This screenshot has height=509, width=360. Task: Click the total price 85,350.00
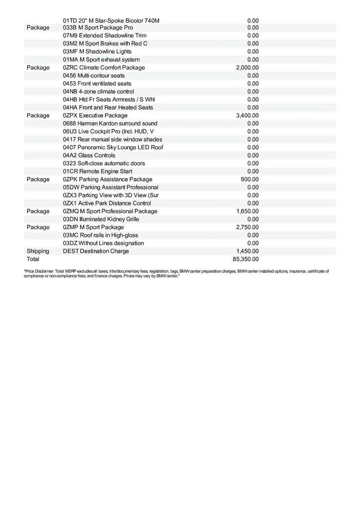pyautogui.click(x=246, y=259)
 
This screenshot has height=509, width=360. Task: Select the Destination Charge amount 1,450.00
pyautogui.click(x=247, y=251)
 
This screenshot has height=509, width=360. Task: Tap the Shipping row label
pyautogui.click(x=38, y=251)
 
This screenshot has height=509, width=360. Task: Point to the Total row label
pyautogui.click(x=33, y=259)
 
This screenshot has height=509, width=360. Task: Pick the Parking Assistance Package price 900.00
pyautogui.click(x=250, y=179)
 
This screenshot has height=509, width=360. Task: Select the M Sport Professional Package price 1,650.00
pyautogui.click(x=247, y=211)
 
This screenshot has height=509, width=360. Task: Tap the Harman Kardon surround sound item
pyautogui.click(x=110, y=123)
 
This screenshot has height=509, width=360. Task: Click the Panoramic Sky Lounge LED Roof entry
pyautogui.click(x=113, y=148)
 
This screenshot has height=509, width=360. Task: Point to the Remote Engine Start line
pyautogui.click(x=97, y=171)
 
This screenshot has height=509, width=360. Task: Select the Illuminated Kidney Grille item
pyautogui.click(x=101, y=219)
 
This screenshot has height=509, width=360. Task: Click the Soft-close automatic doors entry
pyautogui.click(x=104, y=163)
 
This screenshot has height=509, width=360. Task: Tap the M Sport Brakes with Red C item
pyautogui.click(x=105, y=44)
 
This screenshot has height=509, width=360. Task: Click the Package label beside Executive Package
pyautogui.click(x=38, y=116)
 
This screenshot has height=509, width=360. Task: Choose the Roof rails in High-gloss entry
pyautogui.click(x=100, y=235)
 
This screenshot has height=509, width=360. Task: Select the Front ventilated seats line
pyautogui.click(x=97, y=84)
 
